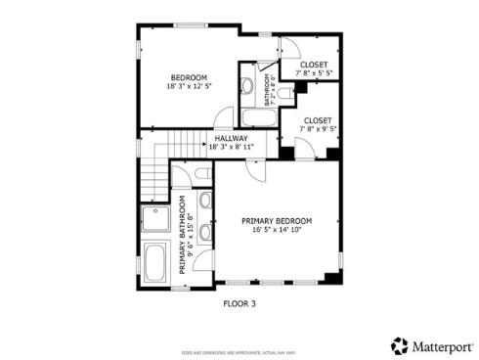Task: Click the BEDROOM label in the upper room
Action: (x=189, y=77)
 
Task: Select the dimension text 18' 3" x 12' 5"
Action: (x=189, y=86)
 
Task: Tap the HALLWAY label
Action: (x=231, y=138)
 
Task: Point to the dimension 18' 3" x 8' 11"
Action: (x=231, y=147)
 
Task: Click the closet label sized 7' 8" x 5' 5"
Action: (x=314, y=65)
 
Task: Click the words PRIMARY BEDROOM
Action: (x=277, y=221)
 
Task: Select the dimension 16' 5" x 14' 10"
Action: (x=277, y=231)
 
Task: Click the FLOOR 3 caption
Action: (x=239, y=303)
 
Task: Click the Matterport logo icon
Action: (x=399, y=345)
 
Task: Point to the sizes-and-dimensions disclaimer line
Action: (x=239, y=350)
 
